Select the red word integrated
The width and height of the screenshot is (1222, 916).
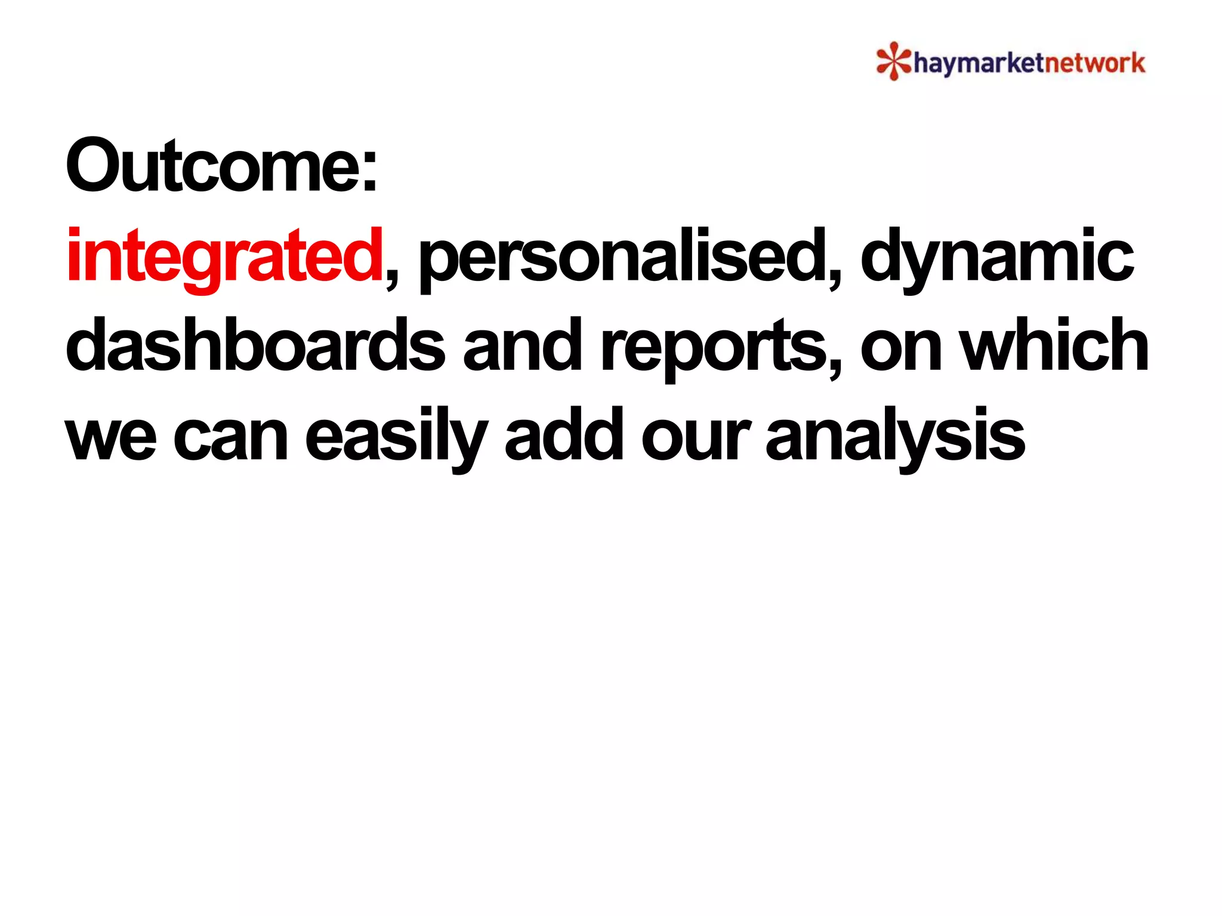[224, 256]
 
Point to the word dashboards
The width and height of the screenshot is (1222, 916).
[255, 346]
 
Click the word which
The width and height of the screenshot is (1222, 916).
[1056, 346]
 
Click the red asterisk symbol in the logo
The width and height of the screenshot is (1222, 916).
[893, 61]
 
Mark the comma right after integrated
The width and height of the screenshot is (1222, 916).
[391, 280]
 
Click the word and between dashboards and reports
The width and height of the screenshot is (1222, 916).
[522, 346]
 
